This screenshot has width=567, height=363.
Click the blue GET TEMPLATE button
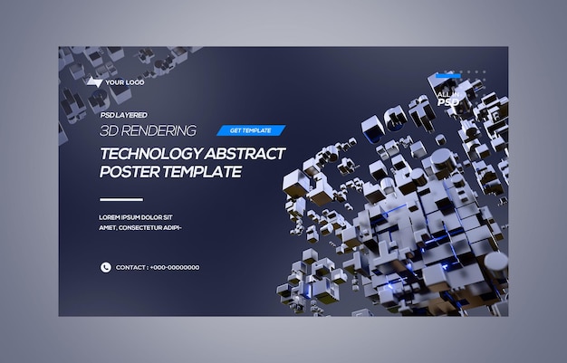250,130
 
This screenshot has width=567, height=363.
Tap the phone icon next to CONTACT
105,267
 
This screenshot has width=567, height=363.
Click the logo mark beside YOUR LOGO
94,82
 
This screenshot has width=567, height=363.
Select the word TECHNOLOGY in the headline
148,153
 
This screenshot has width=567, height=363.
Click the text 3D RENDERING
148,130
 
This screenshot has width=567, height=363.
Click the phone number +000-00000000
175,267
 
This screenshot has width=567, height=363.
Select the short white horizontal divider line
120,199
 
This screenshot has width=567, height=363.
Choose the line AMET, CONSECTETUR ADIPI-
140,227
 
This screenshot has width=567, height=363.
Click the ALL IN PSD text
447,98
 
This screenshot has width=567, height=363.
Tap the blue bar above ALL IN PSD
447,77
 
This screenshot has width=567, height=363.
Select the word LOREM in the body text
109,216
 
